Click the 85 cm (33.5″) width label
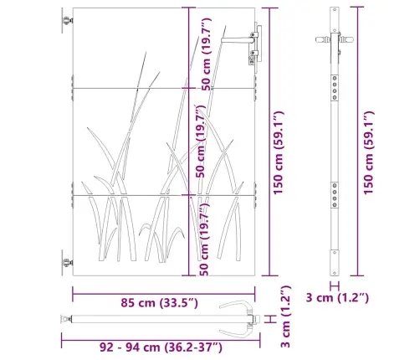(x=159, y=303)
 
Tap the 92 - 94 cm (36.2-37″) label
(x=161, y=347)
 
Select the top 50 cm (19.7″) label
(x=207, y=54)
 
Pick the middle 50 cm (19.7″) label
(x=201, y=141)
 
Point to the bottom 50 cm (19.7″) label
(x=204, y=239)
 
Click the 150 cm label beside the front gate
(x=279, y=152)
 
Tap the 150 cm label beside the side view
(x=368, y=152)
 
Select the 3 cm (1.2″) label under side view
(x=337, y=298)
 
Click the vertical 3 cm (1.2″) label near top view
(x=286, y=316)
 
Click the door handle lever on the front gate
(x=238, y=40)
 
